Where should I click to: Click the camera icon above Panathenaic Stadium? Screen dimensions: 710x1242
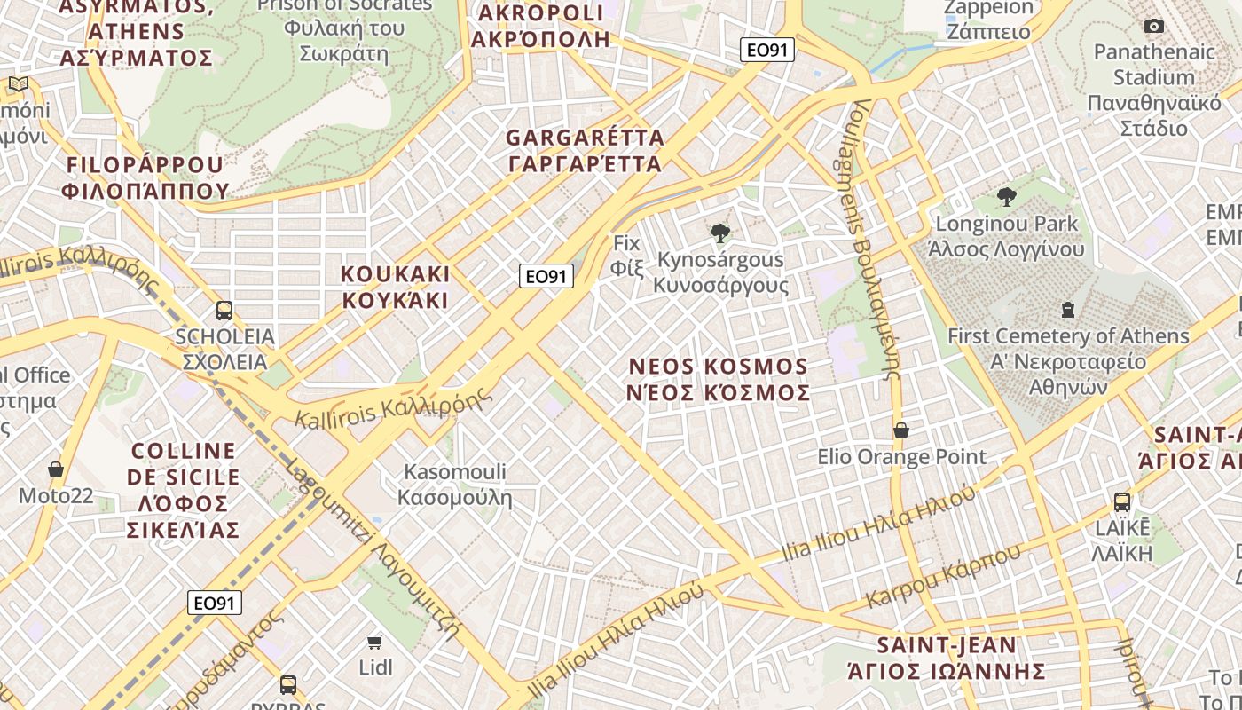coord(1154,27)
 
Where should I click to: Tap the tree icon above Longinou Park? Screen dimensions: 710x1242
coord(1006,197)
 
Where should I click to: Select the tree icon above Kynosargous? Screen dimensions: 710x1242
coord(720,233)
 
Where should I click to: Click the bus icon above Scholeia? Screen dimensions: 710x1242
coord(224,311)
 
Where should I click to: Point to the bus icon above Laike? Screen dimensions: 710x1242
coord(1122,502)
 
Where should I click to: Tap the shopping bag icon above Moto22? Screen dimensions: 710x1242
coord(56,469)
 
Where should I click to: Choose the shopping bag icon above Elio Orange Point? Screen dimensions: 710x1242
coord(901,431)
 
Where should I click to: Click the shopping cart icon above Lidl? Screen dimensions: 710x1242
coord(375,641)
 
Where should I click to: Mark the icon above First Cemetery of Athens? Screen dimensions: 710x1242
coord(1068,310)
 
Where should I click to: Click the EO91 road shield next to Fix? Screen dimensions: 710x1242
coord(546,276)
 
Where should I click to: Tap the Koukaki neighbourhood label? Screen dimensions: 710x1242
coord(396,287)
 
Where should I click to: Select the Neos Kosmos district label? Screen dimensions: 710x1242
coord(719,379)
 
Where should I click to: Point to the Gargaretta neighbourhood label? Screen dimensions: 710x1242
coord(585,151)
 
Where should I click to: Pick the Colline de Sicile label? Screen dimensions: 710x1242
coord(183,490)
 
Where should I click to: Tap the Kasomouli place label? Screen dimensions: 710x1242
coord(455,484)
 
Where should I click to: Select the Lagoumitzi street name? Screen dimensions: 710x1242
coord(373,550)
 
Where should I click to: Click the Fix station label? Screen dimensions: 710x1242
coord(627,255)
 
